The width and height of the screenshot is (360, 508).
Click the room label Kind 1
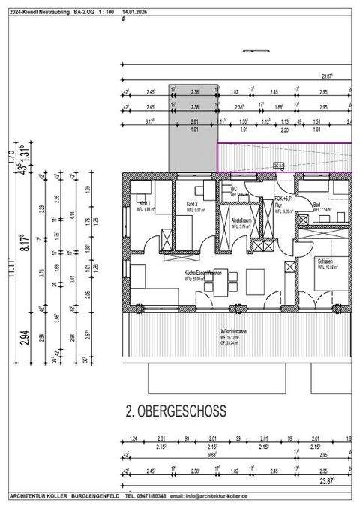(145, 204)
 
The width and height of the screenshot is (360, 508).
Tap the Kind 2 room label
(193, 204)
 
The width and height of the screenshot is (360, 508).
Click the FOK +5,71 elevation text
(286, 198)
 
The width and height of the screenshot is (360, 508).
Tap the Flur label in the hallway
(278, 204)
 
